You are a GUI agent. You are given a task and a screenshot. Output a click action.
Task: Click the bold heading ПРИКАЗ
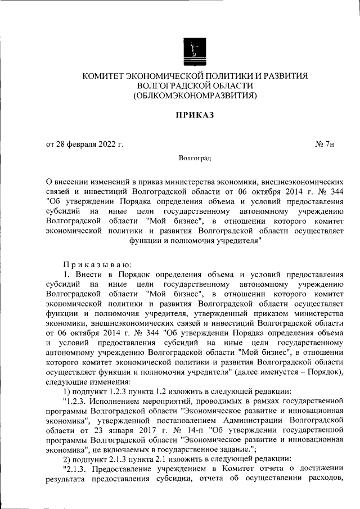(x=194, y=115)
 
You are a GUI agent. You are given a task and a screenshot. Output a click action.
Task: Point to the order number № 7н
(x=325, y=145)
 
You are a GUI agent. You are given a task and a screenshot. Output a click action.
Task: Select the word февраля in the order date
(x=80, y=145)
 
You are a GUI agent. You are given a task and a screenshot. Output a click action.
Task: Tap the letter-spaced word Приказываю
(x=97, y=264)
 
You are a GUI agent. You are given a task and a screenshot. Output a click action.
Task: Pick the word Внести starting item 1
(x=89, y=274)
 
